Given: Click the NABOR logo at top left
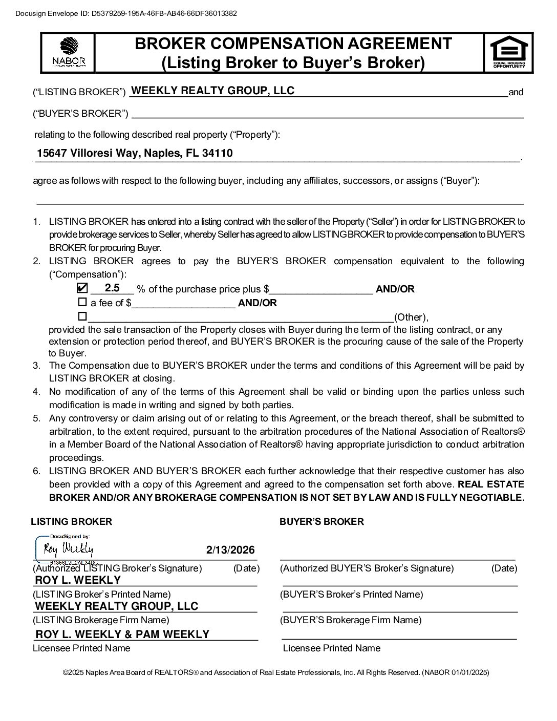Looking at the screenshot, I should coord(69,52).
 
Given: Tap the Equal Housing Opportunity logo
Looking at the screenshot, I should coord(508,51).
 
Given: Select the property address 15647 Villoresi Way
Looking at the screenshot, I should coord(135,153).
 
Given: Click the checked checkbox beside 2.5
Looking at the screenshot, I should coord(82,288).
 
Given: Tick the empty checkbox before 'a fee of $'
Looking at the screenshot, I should coord(82,302).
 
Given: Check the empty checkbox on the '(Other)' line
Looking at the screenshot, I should coord(82,316).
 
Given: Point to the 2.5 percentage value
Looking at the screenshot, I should coord(112,288).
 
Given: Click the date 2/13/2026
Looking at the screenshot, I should coord(230,550).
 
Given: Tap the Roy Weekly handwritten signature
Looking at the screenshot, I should coord(69,549).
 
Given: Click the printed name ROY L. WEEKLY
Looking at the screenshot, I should coord(78,580).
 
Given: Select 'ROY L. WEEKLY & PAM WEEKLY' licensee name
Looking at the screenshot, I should coord(122,634).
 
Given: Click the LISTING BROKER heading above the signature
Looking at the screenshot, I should coord(71,522).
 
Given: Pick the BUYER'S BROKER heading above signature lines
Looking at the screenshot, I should coord(322,522).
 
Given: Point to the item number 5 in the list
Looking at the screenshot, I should coord(37,418).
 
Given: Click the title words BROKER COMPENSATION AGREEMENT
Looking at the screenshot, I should coord(293,44).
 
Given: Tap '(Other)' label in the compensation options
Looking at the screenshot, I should coord(411,317).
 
